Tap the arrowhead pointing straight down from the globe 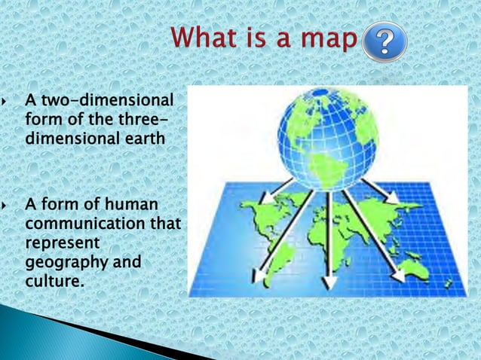[x=328, y=285]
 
